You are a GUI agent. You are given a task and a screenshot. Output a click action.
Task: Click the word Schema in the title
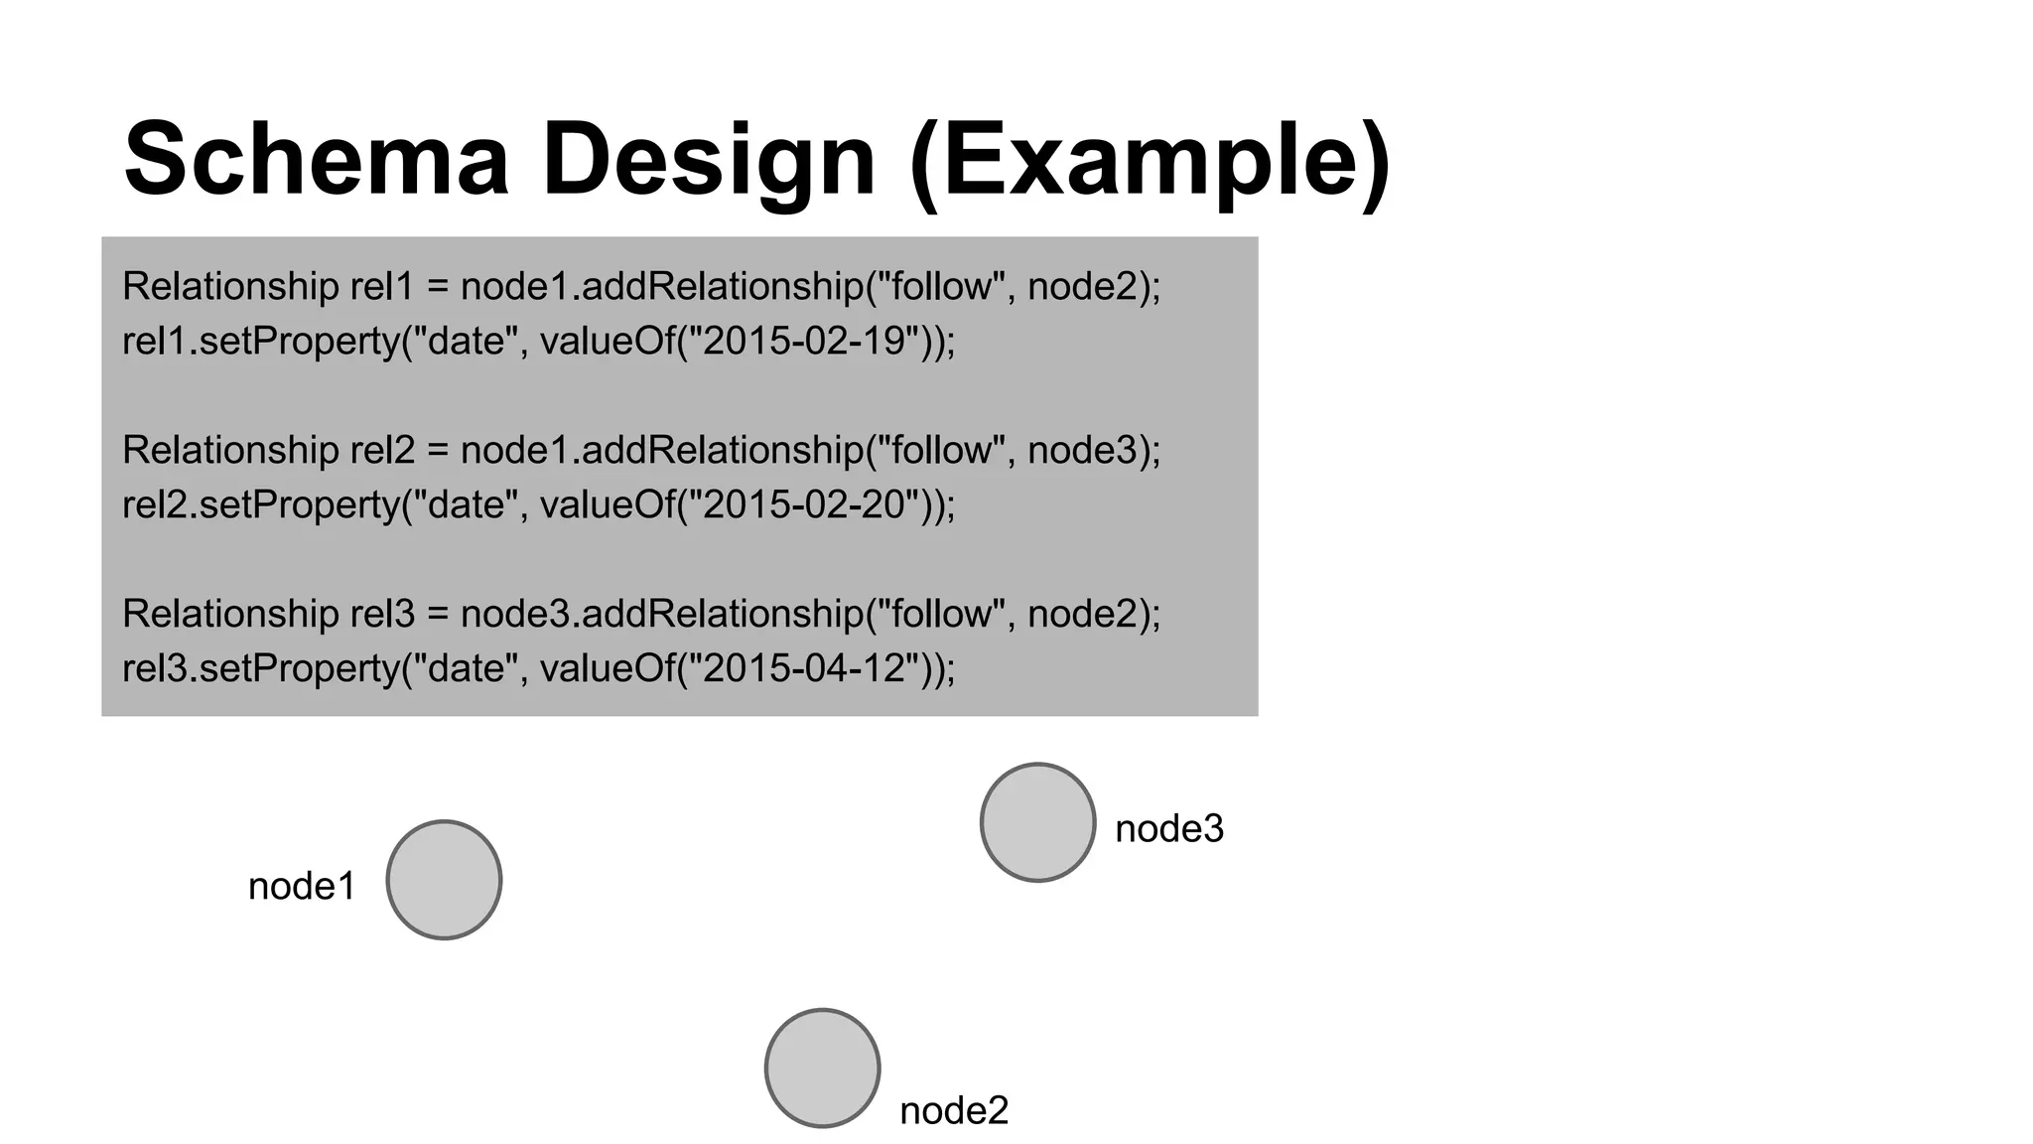click(x=316, y=159)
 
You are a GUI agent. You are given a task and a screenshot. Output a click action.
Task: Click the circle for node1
click(x=444, y=880)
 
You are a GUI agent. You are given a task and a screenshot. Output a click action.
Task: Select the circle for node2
click(x=822, y=1069)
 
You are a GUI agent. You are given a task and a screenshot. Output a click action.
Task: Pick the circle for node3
click(x=1037, y=822)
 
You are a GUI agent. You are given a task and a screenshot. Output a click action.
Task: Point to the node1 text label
click(x=302, y=886)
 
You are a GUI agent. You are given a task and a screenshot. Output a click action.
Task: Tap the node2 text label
click(x=953, y=1110)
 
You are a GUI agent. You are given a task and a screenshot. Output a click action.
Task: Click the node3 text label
click(x=1169, y=828)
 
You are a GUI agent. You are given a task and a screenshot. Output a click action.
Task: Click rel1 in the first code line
click(x=382, y=286)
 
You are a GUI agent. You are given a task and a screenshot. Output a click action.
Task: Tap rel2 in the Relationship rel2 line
click(x=382, y=450)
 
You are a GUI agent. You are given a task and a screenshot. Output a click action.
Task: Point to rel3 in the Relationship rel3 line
click(x=382, y=614)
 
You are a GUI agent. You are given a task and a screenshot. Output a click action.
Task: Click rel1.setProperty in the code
click(x=260, y=341)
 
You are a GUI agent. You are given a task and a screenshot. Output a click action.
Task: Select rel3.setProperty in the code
click(x=260, y=668)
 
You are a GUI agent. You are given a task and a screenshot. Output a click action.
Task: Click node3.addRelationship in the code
click(x=662, y=614)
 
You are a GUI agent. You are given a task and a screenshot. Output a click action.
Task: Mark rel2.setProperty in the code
click(x=260, y=504)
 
